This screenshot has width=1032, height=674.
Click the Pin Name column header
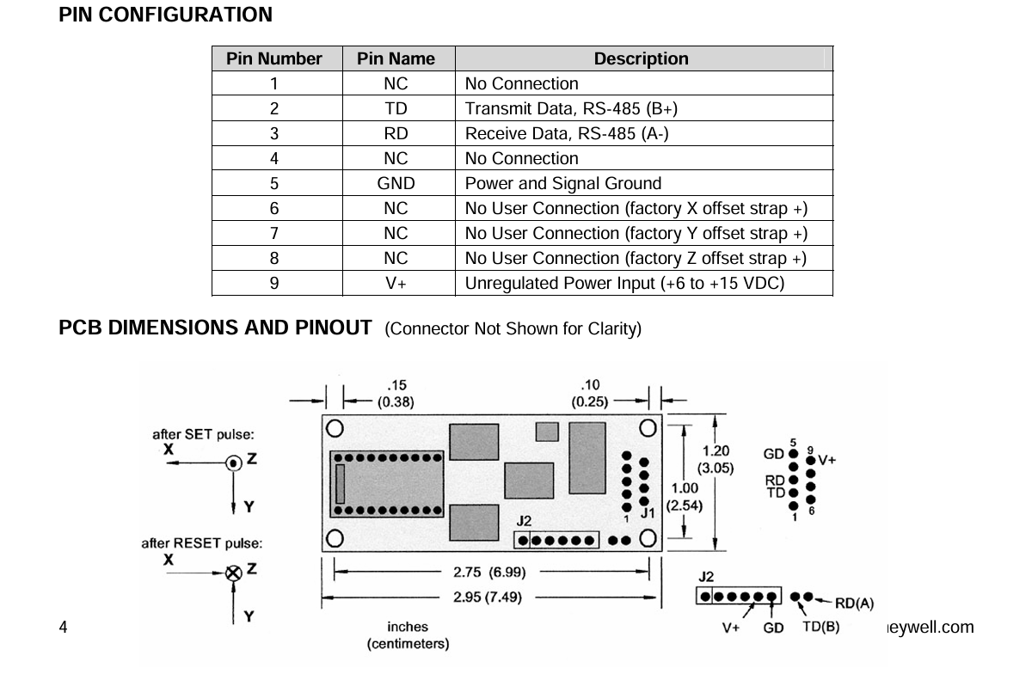pyautogui.click(x=396, y=58)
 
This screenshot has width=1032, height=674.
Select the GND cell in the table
pyautogui.click(x=396, y=183)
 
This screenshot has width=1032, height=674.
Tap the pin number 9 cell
pyautogui.click(x=274, y=283)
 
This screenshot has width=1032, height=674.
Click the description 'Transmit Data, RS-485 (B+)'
pyautogui.click(x=571, y=108)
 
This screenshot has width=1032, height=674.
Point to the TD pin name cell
pyautogui.click(x=396, y=108)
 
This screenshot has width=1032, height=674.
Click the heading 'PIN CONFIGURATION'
pyautogui.click(x=165, y=15)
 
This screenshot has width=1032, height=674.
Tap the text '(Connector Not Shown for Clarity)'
pyautogui.click(x=513, y=329)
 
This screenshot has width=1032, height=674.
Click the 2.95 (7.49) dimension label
pyautogui.click(x=488, y=597)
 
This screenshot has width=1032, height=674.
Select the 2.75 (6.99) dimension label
pyautogui.click(x=489, y=573)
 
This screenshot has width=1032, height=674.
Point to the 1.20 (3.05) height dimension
pyautogui.click(x=716, y=459)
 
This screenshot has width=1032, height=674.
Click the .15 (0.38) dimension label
pyautogui.click(x=396, y=394)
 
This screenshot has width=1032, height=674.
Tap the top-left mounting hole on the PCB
pyautogui.click(x=335, y=428)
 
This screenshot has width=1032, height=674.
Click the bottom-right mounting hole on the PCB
pyautogui.click(x=648, y=537)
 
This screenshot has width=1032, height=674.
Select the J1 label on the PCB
pyautogui.click(x=648, y=512)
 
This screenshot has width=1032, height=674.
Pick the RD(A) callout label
pyautogui.click(x=854, y=603)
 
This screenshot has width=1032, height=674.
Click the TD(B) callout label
pyautogui.click(x=821, y=627)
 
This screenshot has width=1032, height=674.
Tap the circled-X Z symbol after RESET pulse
pyautogui.click(x=234, y=573)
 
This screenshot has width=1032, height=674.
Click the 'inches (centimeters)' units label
pyautogui.click(x=408, y=635)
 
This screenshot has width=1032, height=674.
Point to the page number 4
pyautogui.click(x=63, y=627)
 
